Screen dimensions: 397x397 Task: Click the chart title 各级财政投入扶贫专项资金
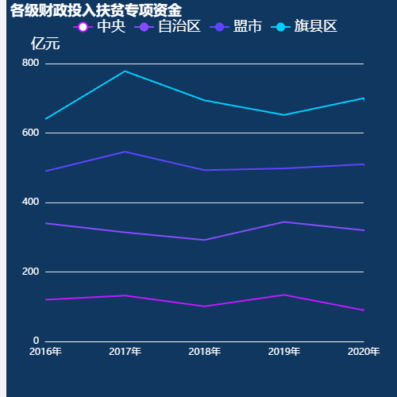[x=96, y=10]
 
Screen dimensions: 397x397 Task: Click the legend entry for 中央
[x=101, y=27]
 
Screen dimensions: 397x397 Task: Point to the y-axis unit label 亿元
[x=45, y=44]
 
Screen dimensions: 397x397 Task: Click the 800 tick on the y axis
[x=30, y=64]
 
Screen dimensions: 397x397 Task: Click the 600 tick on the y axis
[x=30, y=133]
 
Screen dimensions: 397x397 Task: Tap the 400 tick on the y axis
[x=30, y=202]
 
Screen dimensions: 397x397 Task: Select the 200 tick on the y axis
[x=30, y=272]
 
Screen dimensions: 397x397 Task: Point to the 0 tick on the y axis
[x=36, y=341]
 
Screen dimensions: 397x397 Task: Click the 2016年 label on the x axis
[x=46, y=352]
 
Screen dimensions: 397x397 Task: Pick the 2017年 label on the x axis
[x=125, y=352]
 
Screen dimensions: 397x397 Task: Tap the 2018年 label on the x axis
[x=205, y=352]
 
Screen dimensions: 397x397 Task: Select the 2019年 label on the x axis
[x=284, y=352]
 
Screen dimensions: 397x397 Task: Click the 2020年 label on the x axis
[x=363, y=352]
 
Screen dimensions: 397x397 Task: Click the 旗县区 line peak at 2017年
[x=125, y=71]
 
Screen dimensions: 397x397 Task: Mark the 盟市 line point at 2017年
[x=125, y=152]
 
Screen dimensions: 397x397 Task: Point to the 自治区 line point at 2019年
[x=284, y=222]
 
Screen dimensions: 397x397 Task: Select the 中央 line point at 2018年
[x=205, y=306]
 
